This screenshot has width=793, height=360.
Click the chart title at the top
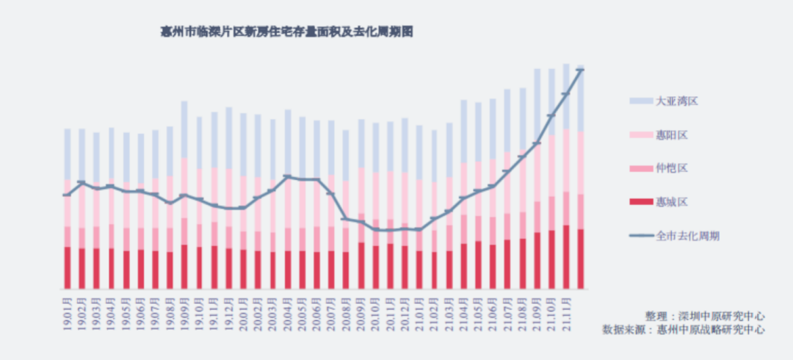[287, 33]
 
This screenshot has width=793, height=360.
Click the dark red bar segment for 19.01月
[67, 267]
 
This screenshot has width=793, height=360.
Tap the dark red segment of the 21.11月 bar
[566, 256]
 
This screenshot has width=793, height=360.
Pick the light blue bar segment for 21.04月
[463, 132]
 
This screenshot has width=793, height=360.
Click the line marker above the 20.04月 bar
[287, 177]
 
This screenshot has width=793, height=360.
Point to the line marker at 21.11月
[566, 94]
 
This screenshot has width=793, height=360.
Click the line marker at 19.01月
[67, 195]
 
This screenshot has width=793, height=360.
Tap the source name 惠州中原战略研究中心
[711, 330]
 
